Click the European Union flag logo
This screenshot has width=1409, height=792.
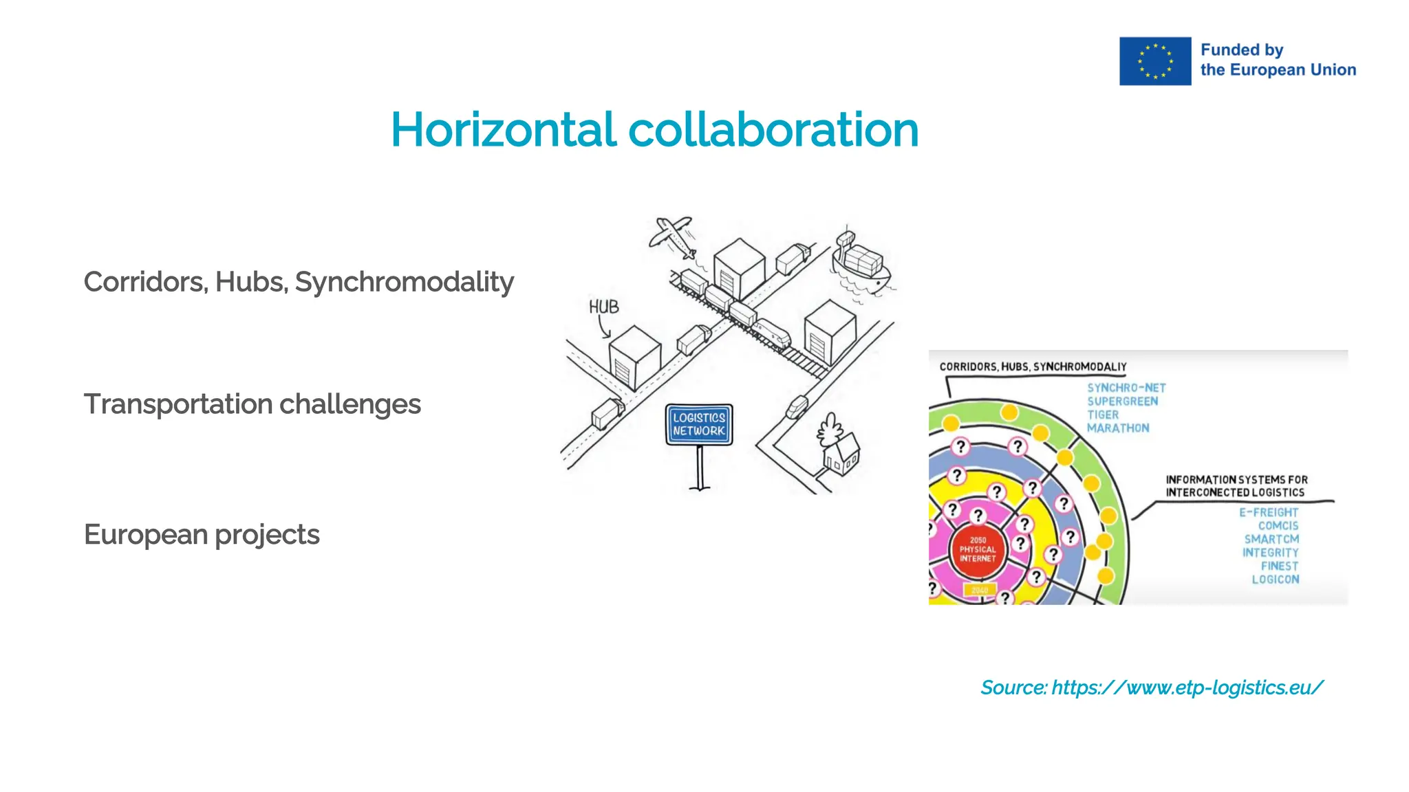pyautogui.click(x=1154, y=61)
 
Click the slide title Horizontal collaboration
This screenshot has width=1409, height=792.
pyautogui.click(x=654, y=130)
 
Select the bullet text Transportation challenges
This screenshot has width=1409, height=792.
pyautogui.click(x=252, y=404)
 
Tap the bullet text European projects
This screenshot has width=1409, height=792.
pyautogui.click(x=202, y=534)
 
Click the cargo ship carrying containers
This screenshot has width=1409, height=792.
pyautogui.click(x=860, y=265)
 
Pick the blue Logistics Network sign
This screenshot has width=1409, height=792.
pyautogui.click(x=699, y=424)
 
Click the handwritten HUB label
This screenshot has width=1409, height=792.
pyautogui.click(x=603, y=307)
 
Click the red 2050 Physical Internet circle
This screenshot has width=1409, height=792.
pyautogui.click(x=978, y=549)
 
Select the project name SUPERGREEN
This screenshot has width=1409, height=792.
pyautogui.click(x=1122, y=401)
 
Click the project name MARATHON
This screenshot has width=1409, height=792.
pyautogui.click(x=1118, y=428)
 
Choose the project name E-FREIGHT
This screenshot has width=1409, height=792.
pyautogui.click(x=1268, y=512)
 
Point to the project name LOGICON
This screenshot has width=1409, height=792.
pyautogui.click(x=1275, y=580)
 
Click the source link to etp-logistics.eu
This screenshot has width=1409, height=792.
pyautogui.click(x=1151, y=687)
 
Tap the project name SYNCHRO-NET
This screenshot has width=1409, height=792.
pyautogui.click(x=1126, y=388)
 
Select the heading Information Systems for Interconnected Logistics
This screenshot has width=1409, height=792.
pyautogui.click(x=1236, y=486)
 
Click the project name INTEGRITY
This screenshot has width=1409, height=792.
pyautogui.click(x=1270, y=553)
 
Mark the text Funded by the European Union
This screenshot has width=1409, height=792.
pyautogui.click(x=1278, y=60)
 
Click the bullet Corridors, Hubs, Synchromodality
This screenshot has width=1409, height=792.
pyautogui.click(x=299, y=282)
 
